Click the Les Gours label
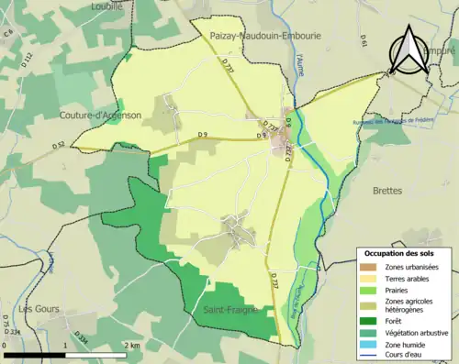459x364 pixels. pyautogui.click(x=39, y=309)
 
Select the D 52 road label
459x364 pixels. pyautogui.click(x=59, y=145)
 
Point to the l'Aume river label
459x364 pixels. pyautogui.click(x=300, y=64)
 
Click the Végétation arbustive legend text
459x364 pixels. pyautogui.click(x=419, y=332)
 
